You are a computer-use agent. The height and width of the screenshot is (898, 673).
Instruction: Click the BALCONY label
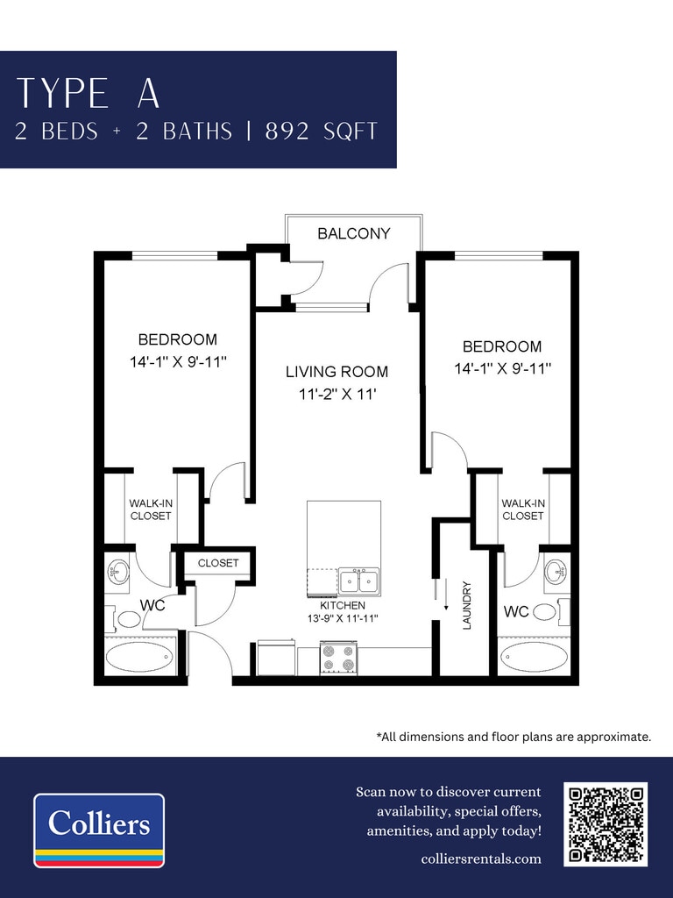tap(354, 233)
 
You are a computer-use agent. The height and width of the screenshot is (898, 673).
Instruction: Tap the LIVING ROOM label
tap(337, 372)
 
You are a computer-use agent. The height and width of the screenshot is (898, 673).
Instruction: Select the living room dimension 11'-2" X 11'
tap(337, 394)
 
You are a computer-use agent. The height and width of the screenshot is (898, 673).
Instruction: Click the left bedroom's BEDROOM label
tap(177, 339)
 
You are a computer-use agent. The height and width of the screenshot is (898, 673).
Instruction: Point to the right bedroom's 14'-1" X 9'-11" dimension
tap(502, 368)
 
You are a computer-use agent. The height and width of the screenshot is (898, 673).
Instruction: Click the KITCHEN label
tap(343, 605)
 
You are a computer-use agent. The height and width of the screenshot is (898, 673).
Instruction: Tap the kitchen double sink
tap(358, 581)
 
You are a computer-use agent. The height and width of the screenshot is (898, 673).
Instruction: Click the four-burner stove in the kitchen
tap(338, 658)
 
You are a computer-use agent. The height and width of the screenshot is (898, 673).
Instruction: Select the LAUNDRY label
tap(466, 605)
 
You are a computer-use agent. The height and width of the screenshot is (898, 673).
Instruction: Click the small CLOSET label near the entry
tap(218, 563)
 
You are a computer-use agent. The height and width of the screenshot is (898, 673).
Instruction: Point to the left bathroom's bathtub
tap(139, 657)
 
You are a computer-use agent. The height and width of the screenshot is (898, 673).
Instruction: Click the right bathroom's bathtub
tap(534, 657)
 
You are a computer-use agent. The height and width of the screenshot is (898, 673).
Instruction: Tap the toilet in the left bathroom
tap(125, 618)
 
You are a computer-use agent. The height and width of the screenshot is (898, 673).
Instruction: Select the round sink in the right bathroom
tap(556, 571)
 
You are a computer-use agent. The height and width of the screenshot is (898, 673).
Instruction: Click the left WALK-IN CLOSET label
tap(151, 510)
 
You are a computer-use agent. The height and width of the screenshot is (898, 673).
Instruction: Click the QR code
tap(606, 823)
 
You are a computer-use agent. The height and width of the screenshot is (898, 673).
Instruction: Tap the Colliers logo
tap(99, 830)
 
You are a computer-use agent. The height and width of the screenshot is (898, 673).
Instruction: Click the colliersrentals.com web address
tap(481, 859)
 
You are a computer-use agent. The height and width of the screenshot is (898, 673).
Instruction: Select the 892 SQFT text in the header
tap(321, 132)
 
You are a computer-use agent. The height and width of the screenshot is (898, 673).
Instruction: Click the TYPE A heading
tap(89, 93)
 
